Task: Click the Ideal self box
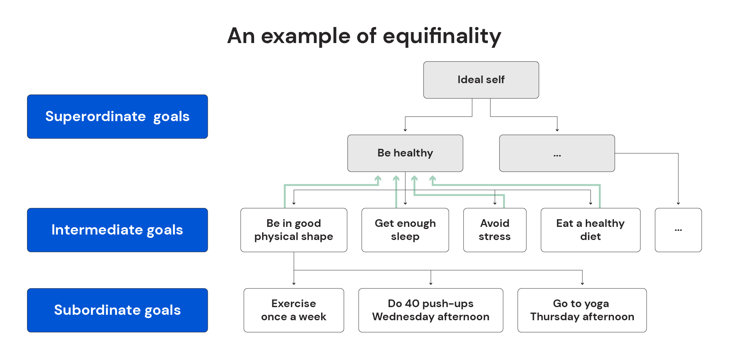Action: [481, 80]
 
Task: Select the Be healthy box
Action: [405, 153]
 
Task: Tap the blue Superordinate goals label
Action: [117, 117]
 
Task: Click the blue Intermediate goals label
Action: [117, 230]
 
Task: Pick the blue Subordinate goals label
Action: [117, 310]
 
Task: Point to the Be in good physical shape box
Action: [293, 230]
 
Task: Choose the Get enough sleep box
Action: [405, 230]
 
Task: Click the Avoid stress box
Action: [495, 230]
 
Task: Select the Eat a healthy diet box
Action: [590, 230]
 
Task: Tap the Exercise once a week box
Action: [293, 310]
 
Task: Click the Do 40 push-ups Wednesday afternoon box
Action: [430, 310]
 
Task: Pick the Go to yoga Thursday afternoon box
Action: [582, 310]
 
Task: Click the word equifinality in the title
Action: [442, 36]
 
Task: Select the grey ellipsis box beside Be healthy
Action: [557, 153]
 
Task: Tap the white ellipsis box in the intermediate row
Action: [678, 230]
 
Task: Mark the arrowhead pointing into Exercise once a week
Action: [294, 283]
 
